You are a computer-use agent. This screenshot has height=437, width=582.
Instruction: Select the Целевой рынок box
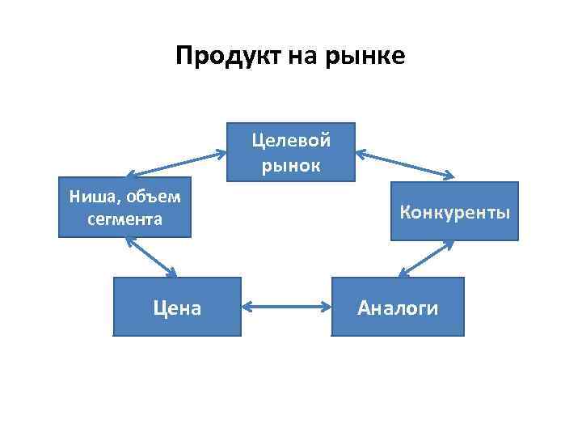[x=291, y=151]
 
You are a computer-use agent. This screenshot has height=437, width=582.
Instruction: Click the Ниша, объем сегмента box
[x=124, y=206]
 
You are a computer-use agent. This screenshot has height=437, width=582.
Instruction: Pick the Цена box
[x=178, y=307]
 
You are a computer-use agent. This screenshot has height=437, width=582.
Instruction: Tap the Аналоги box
[x=399, y=307]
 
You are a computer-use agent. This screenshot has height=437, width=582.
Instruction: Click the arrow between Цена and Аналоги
[x=288, y=307]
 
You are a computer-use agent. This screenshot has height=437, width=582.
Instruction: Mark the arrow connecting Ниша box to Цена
[x=152, y=257]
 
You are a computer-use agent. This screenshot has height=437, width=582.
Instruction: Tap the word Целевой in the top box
[x=291, y=140]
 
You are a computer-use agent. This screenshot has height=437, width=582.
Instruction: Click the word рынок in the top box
[x=291, y=166]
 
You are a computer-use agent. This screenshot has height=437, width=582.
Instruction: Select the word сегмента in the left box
[x=125, y=218]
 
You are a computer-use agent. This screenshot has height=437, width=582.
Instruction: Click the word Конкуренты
[x=455, y=213]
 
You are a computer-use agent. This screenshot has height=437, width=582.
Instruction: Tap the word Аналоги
[x=399, y=308]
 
